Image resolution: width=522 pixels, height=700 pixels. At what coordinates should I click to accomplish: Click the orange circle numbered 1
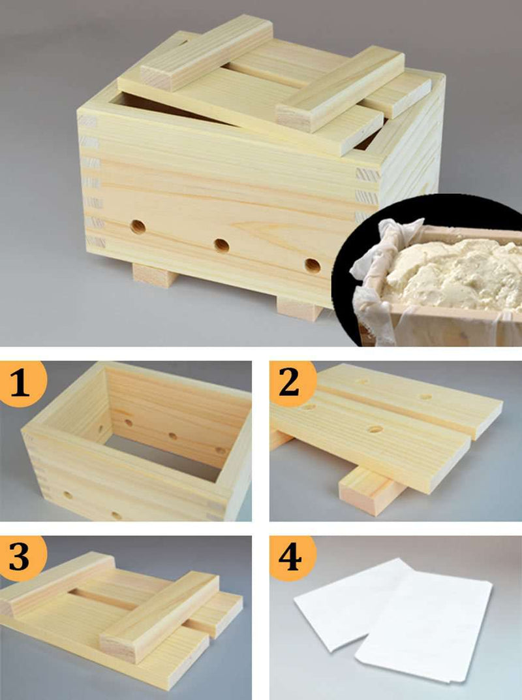tap(22, 383)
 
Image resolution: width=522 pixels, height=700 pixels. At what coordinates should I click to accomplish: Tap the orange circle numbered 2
tap(292, 383)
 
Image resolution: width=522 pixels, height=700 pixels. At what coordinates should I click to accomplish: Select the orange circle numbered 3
tap(22, 558)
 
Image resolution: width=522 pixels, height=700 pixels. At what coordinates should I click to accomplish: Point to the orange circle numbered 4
tap(292, 558)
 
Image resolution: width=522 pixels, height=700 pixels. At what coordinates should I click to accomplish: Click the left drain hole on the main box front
tap(138, 227)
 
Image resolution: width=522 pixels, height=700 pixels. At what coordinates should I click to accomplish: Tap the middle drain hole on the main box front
tap(222, 246)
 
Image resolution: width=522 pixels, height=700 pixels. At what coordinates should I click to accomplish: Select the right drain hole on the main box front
tap(313, 266)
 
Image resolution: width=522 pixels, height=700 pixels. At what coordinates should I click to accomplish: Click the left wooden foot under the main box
tap(155, 274)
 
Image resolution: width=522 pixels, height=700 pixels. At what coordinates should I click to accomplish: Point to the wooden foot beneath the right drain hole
tap(299, 309)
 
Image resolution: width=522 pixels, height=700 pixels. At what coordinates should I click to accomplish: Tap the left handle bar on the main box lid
tap(206, 53)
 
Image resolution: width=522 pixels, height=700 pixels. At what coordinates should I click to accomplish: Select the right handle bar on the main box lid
tap(341, 89)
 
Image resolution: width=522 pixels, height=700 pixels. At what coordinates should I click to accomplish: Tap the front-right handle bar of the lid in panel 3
tap(159, 616)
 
